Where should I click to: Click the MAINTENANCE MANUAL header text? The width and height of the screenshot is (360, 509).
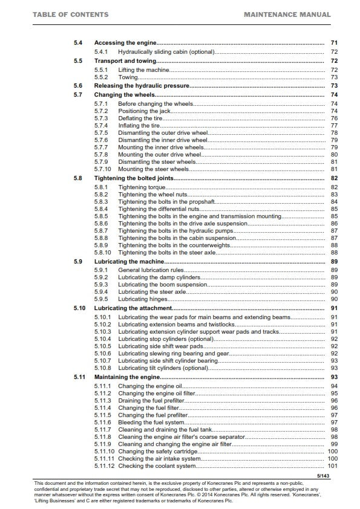click(287, 14)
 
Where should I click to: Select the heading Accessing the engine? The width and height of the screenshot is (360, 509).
click(125, 44)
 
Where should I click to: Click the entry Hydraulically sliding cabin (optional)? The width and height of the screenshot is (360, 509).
click(166, 53)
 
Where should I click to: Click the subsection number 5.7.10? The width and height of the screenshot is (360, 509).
click(103, 169)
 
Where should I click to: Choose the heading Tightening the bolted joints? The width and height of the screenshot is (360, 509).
click(134, 178)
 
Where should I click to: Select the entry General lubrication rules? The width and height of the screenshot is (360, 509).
click(154, 270)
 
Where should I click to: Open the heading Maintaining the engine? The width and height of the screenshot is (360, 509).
click(126, 377)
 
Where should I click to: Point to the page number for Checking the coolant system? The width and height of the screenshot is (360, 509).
click(332, 466)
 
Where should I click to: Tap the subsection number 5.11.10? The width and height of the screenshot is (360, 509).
click(105, 451)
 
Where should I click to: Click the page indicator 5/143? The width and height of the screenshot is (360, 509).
click(326, 476)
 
